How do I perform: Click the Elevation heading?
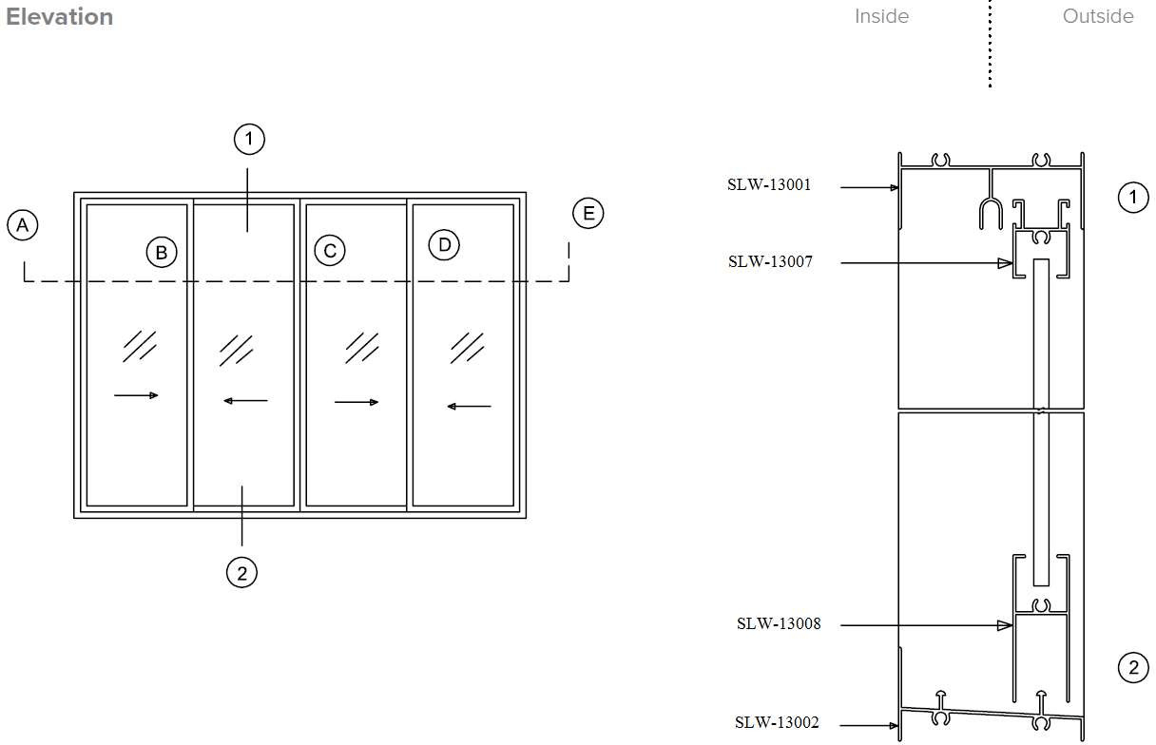point(59,17)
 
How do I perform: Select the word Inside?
point(881,16)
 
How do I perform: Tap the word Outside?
point(1097,16)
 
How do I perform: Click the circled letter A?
point(23,225)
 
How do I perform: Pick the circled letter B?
point(162,253)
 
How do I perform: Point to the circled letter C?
point(329,251)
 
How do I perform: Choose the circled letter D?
point(443,245)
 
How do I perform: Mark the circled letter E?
point(588,213)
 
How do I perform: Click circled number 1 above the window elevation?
point(248,140)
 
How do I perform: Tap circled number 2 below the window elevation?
point(241,572)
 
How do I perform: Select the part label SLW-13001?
point(769,185)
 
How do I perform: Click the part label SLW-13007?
point(770,261)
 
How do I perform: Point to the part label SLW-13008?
point(778,624)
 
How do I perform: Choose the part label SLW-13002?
point(777,723)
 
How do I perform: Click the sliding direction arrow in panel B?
point(136,395)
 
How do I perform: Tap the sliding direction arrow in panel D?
point(469,407)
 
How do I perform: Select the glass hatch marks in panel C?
point(361,347)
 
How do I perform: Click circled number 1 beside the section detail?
point(1132,198)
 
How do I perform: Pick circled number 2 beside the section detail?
point(1132,668)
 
